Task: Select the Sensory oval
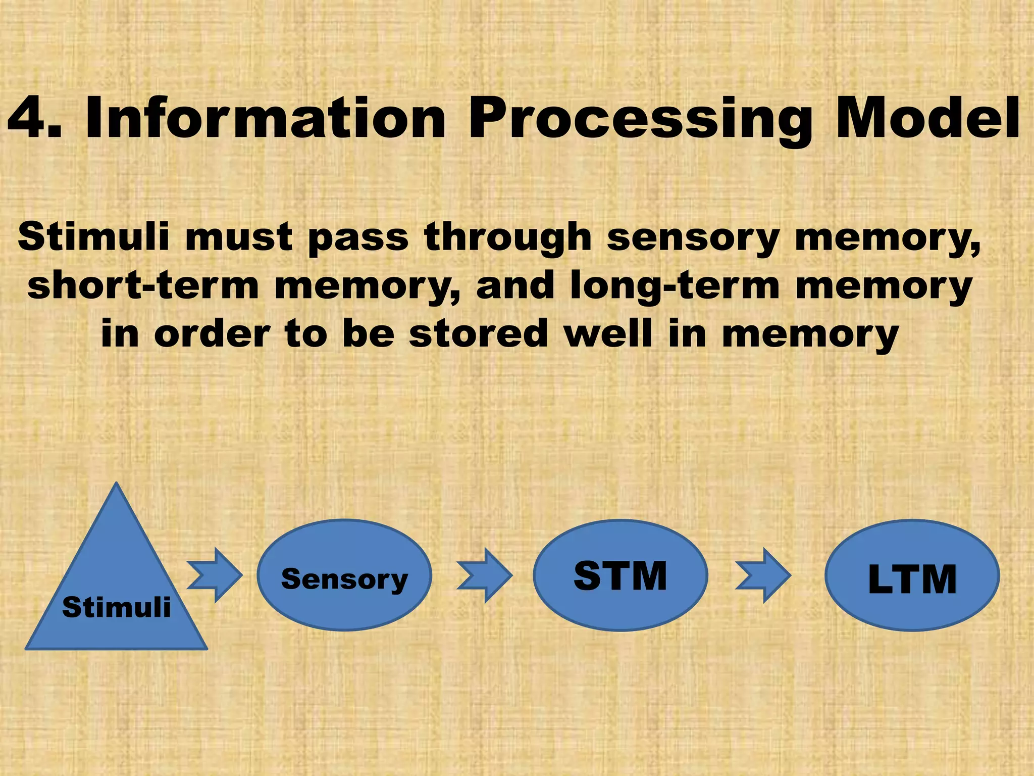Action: (x=344, y=576)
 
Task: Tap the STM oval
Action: (x=621, y=576)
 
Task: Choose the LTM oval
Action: (x=912, y=576)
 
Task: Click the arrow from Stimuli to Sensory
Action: (x=215, y=575)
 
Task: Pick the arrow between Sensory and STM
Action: (x=485, y=576)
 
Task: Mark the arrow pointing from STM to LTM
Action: (x=763, y=576)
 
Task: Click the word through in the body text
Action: (x=507, y=237)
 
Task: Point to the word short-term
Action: (x=143, y=286)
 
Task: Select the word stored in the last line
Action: (x=478, y=333)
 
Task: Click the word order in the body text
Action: (x=212, y=333)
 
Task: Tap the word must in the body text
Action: (x=238, y=237)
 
